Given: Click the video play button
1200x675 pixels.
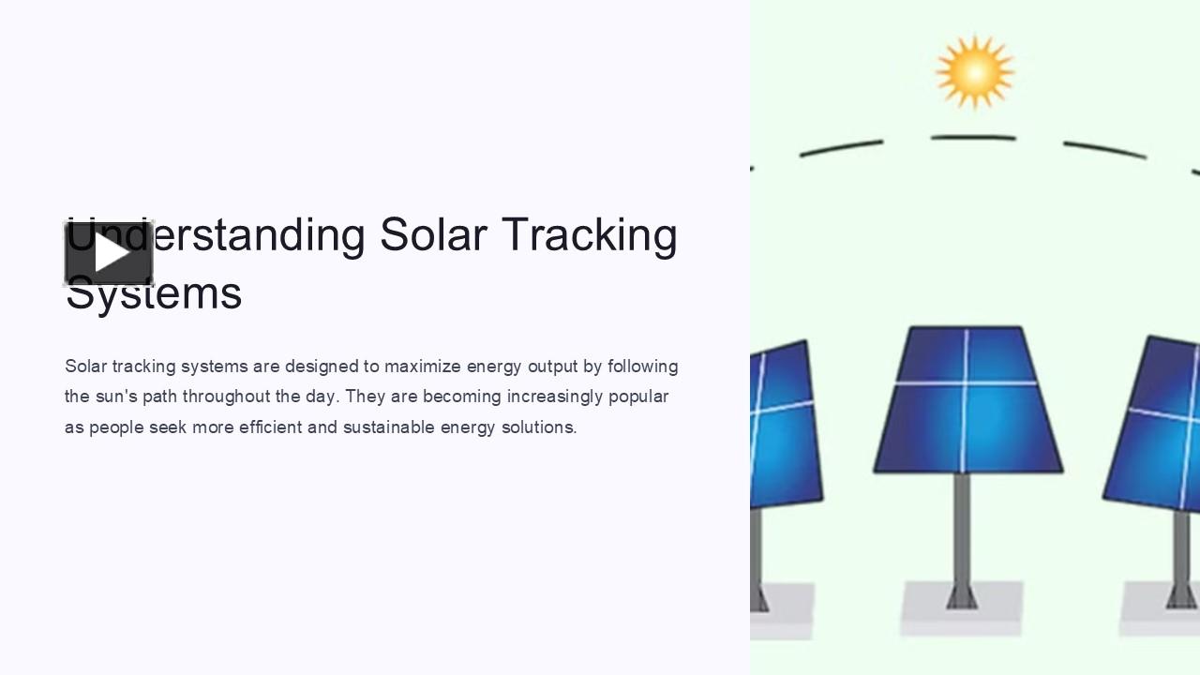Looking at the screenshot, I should point(109,253).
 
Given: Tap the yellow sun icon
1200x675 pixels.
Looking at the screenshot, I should point(974,71).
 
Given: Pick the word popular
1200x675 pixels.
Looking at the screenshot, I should point(638,397).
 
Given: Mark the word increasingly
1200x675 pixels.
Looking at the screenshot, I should point(555,397).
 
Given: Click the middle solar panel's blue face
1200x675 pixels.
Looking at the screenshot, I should point(967,401).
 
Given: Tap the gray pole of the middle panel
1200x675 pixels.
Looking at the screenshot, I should point(962,530).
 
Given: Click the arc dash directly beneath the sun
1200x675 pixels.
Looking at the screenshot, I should point(973,138).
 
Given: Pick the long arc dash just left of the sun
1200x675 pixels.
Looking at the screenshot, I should point(841,148).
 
